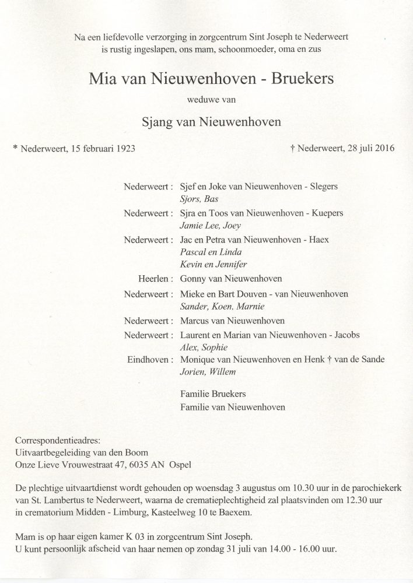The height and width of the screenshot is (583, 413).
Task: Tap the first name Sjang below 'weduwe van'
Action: (158, 122)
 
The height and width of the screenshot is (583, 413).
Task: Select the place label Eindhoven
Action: (148, 360)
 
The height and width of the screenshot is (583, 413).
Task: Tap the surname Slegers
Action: (323, 187)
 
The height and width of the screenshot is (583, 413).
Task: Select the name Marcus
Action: (197, 320)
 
